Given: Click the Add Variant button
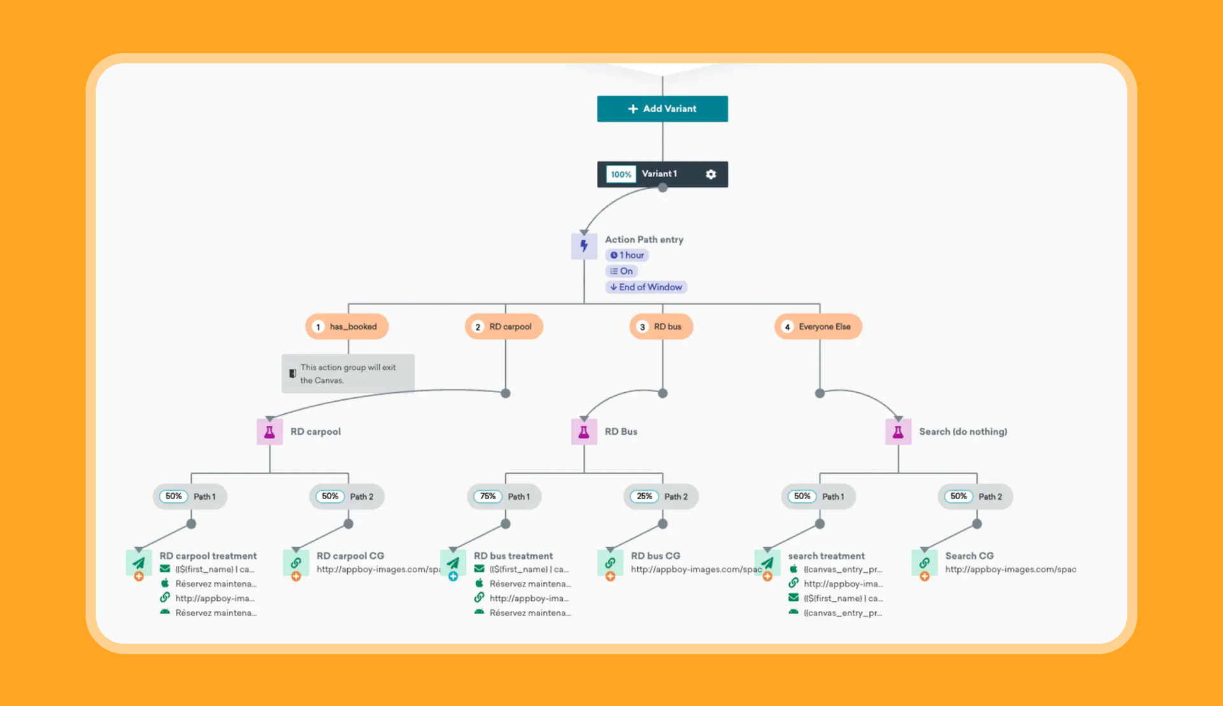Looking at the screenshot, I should click(662, 109).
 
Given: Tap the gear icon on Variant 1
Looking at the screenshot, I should click(711, 174).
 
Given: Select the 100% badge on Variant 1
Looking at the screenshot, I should click(620, 174).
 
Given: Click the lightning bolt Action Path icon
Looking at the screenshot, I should click(583, 246).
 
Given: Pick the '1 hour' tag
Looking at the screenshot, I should click(627, 255).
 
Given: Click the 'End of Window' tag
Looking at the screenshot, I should click(646, 287).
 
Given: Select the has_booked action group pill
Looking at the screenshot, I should click(347, 327).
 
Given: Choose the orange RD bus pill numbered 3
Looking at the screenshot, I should click(661, 327).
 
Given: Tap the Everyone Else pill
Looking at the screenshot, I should click(818, 327).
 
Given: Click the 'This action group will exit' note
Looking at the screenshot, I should click(348, 374).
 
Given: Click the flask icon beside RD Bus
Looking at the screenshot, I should click(583, 432).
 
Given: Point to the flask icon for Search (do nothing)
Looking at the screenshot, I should click(898, 432).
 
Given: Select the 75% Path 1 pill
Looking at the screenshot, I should click(504, 497).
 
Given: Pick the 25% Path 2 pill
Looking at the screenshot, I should click(661, 497).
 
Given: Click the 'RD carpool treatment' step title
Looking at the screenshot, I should click(208, 556).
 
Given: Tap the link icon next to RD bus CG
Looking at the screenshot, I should click(610, 563).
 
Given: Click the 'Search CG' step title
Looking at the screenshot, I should click(969, 556).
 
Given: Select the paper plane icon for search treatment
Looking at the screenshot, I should click(767, 563).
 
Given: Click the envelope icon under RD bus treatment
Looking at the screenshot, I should click(479, 569).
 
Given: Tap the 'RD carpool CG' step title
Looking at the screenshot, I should click(350, 556).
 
